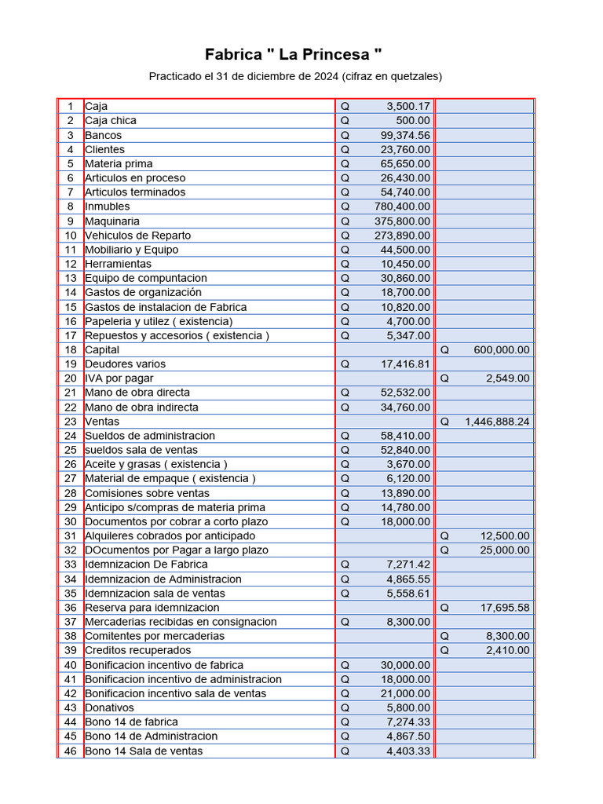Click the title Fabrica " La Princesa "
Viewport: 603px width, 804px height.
[294, 54]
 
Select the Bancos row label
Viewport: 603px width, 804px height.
[104, 135]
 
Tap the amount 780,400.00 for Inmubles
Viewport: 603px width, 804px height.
[402, 206]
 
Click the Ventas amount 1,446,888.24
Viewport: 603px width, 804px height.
[497, 421]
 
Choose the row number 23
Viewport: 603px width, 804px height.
[71, 421]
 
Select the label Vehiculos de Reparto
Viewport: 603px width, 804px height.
[137, 235]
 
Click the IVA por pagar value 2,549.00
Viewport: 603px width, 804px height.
[508, 378]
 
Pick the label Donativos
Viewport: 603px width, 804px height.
[109, 707]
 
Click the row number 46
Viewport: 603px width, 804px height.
[71, 751]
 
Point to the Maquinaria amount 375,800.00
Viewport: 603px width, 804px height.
[402, 221]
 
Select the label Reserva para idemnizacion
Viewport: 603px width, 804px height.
[152, 607]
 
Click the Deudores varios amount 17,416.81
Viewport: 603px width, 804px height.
[405, 364]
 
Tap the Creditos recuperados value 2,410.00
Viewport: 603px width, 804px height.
[508, 650]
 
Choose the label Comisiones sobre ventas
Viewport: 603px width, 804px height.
[147, 493]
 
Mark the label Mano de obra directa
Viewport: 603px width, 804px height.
[137, 392]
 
